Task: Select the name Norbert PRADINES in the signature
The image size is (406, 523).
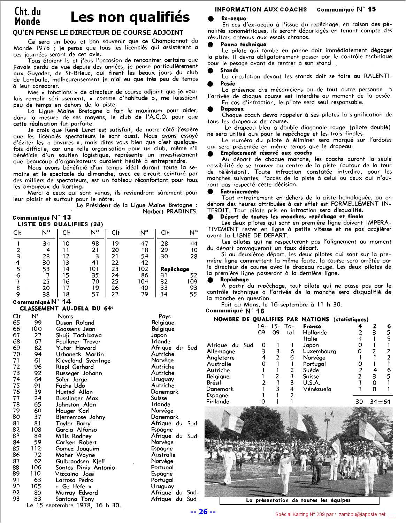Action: coord(170,211)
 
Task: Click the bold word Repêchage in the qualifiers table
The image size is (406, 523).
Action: coord(175,269)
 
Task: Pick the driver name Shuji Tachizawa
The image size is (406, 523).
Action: coord(79,335)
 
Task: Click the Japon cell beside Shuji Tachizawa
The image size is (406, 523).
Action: coord(159,335)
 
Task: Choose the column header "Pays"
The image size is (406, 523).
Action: coord(164,316)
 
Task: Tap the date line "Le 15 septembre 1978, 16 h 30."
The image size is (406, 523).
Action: coord(74,505)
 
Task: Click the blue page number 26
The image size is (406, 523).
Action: coord(203,512)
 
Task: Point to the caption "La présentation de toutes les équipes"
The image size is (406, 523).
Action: coord(298,500)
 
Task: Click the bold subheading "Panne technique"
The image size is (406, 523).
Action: coord(243,44)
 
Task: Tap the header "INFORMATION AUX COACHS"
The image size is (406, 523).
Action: coord(261,9)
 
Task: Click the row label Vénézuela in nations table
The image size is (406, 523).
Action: coord(317,389)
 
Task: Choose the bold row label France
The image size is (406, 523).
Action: coord(312,326)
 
